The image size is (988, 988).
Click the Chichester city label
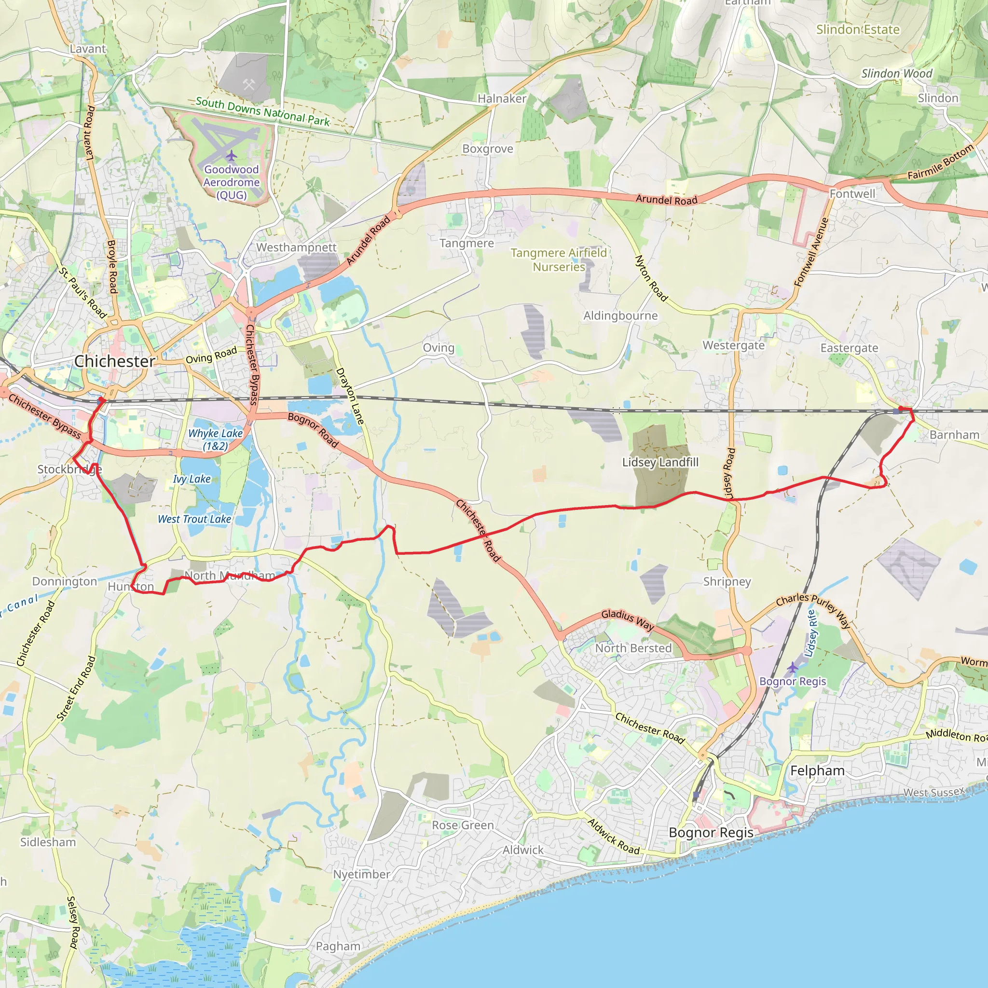click(114, 361)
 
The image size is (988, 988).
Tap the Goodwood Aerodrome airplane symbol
click(232, 155)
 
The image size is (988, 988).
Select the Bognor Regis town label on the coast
click(711, 833)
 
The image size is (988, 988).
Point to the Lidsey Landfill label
click(660, 462)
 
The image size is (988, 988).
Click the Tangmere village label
click(467, 244)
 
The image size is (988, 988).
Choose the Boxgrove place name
click(487, 149)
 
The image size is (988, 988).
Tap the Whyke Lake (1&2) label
click(215, 439)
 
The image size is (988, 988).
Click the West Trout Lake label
click(194, 519)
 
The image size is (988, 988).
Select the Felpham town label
click(817, 770)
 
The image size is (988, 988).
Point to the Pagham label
click(338, 946)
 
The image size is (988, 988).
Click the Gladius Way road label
click(628, 620)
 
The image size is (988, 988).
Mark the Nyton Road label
click(651, 278)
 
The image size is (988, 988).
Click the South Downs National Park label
click(263, 111)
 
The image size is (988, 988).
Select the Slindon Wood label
click(897, 74)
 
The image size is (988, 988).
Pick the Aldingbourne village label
click(620, 316)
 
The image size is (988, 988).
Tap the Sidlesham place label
click(48, 842)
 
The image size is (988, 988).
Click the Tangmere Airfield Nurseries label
click(559, 260)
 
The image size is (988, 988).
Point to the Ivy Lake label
click(192, 479)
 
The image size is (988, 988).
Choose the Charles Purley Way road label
click(813, 611)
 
